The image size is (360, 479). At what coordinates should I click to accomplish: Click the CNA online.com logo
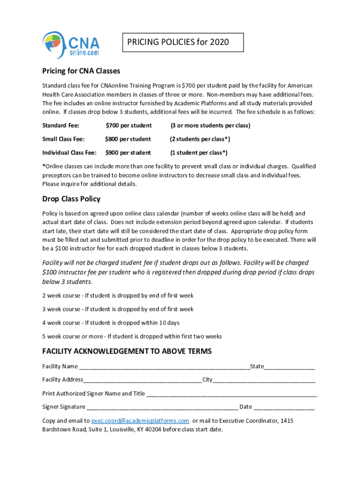click(x=71, y=45)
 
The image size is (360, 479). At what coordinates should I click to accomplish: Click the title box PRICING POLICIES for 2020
click(x=183, y=42)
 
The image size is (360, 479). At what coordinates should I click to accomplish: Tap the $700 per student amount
click(x=129, y=125)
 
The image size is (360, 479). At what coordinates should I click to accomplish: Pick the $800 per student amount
click(x=128, y=139)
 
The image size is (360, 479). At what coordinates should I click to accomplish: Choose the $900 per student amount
click(x=128, y=152)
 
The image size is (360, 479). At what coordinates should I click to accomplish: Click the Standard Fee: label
click(x=61, y=125)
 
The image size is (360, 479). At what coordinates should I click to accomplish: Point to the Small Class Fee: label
click(x=64, y=139)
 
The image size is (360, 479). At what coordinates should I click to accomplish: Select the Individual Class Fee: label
click(x=70, y=152)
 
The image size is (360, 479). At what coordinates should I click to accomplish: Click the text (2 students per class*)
click(x=200, y=139)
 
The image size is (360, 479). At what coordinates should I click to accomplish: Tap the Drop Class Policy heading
click(x=71, y=199)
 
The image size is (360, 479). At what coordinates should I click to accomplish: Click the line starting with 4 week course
click(x=111, y=323)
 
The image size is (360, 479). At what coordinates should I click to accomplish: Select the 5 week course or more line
click(x=132, y=336)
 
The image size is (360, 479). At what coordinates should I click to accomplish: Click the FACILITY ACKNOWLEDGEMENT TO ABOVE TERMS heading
click(x=127, y=351)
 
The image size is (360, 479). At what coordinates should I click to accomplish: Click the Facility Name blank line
click(x=164, y=367)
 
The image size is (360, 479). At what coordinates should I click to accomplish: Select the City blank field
click(x=264, y=380)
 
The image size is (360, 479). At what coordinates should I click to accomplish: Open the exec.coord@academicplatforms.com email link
click(x=140, y=421)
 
